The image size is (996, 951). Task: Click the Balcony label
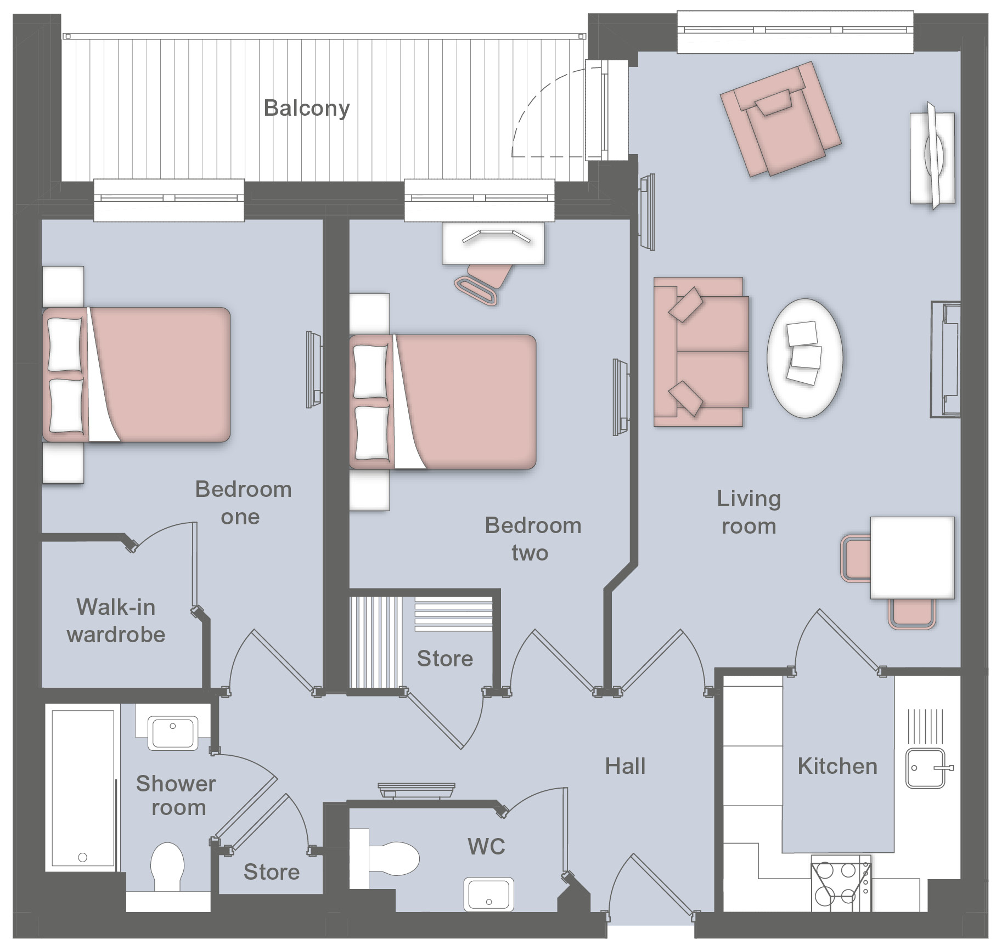click(x=307, y=109)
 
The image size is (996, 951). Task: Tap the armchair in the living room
click(x=780, y=119)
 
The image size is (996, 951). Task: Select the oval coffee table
click(x=804, y=358)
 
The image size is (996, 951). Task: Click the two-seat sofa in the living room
click(x=701, y=352)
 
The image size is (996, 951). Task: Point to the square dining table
click(x=912, y=557)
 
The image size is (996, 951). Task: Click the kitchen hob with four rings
click(x=839, y=884)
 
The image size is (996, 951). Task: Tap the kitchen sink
click(x=928, y=768)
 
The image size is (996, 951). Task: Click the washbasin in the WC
click(x=488, y=893)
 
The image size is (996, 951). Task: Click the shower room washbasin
click(x=172, y=733)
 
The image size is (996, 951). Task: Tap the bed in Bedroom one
click(x=136, y=375)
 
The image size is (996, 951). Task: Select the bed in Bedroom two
click(x=442, y=402)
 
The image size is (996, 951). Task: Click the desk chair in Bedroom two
click(x=483, y=281)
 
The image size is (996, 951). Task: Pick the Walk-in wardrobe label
click(x=116, y=621)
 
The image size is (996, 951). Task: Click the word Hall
click(x=625, y=766)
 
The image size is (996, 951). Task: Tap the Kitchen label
click(x=837, y=766)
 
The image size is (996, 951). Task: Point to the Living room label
click(x=749, y=512)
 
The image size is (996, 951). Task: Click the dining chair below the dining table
click(x=912, y=613)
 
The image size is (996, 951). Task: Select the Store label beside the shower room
click(x=272, y=872)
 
